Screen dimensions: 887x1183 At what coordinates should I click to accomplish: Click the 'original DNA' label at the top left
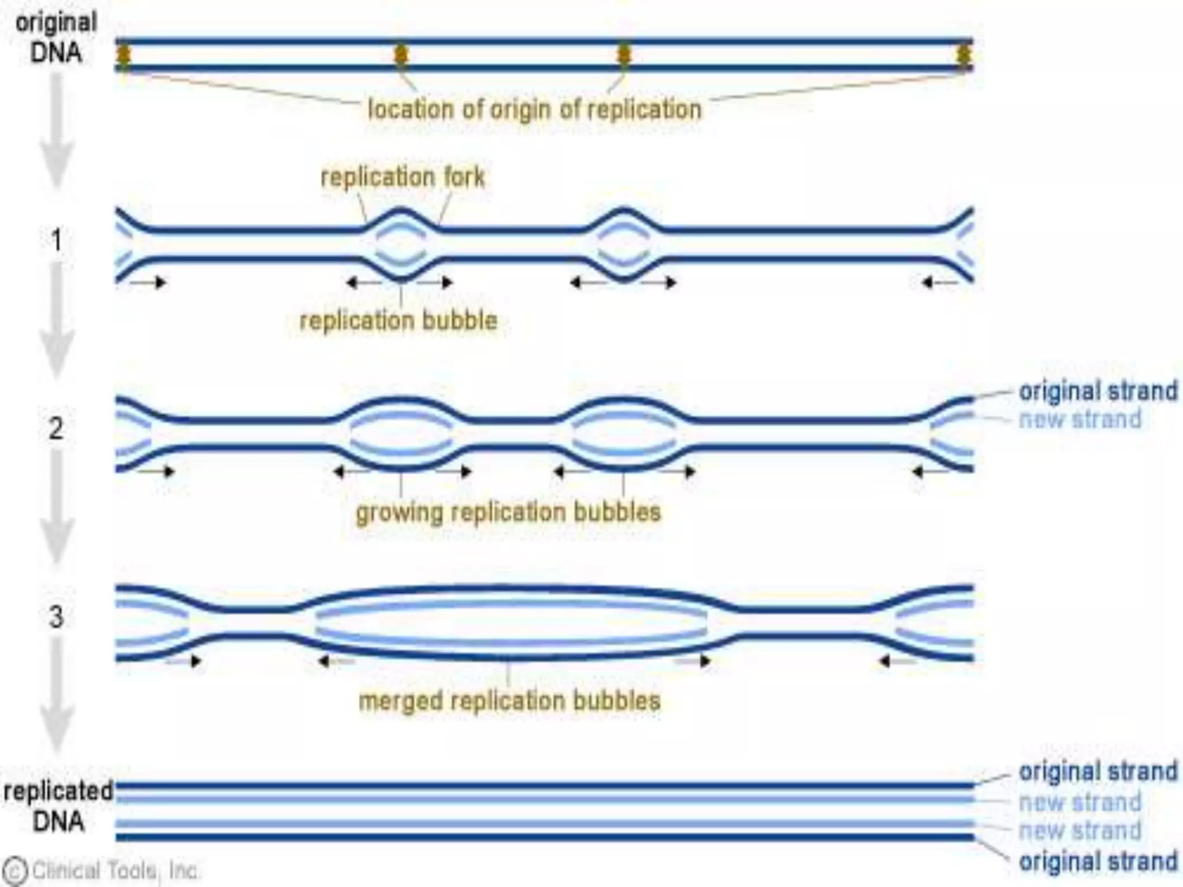pyautogui.click(x=56, y=38)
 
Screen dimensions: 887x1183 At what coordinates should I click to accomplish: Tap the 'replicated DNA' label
pyautogui.click(x=58, y=806)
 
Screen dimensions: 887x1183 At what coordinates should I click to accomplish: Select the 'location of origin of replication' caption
pyautogui.click(x=534, y=109)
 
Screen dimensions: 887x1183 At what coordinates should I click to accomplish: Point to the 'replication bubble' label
pyautogui.click(x=398, y=320)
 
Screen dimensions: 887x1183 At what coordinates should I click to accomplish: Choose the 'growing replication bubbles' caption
pyautogui.click(x=508, y=512)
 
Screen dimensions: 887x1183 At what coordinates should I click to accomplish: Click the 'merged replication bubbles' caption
pyautogui.click(x=509, y=701)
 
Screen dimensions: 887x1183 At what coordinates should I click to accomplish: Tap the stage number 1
pyautogui.click(x=56, y=240)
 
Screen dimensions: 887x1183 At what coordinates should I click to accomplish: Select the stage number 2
pyautogui.click(x=55, y=428)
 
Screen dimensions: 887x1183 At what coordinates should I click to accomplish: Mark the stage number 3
pyautogui.click(x=56, y=617)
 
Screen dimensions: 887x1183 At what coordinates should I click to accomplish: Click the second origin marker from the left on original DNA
pyautogui.click(x=401, y=55)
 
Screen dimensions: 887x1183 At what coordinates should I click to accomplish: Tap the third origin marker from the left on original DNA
pyautogui.click(x=624, y=55)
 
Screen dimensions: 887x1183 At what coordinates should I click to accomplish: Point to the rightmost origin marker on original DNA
pyautogui.click(x=963, y=55)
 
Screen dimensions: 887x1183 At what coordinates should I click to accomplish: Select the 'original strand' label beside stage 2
pyautogui.click(x=1098, y=391)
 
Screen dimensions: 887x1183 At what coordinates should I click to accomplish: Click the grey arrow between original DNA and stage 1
pyautogui.click(x=57, y=130)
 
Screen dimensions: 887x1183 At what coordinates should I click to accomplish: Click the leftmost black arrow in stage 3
pyautogui.click(x=185, y=661)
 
